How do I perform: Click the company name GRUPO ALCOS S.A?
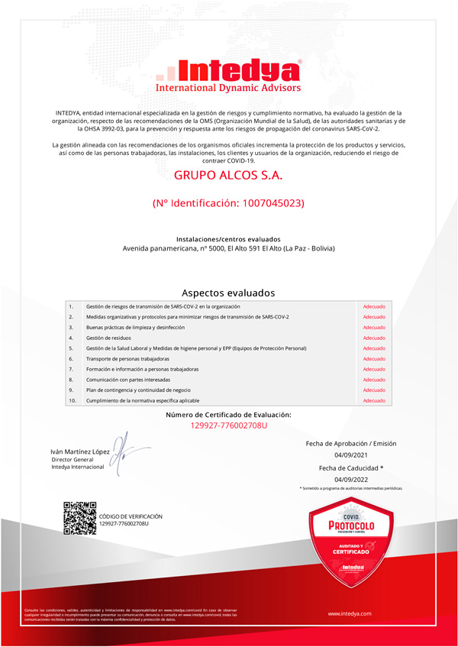[228, 176]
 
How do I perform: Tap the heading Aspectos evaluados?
[228, 293]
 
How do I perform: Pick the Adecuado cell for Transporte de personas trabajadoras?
[374, 358]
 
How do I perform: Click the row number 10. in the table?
[73, 400]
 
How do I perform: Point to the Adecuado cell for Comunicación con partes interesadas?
[374, 380]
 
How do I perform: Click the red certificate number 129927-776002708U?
[228, 425]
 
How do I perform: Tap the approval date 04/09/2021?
[350, 455]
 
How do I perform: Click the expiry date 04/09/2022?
[350, 480]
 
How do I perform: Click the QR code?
[79, 519]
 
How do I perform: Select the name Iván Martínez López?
[80, 452]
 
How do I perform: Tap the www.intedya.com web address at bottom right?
[350, 613]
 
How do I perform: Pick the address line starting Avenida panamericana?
[228, 249]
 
